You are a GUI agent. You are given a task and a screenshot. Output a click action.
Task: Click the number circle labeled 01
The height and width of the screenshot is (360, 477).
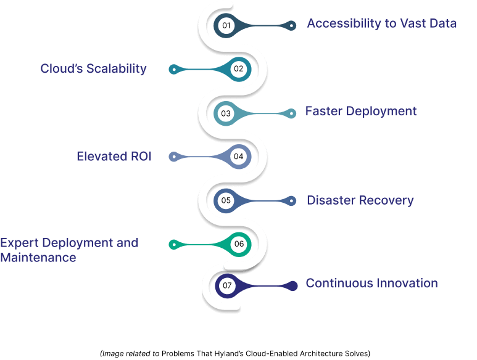[x=226, y=25]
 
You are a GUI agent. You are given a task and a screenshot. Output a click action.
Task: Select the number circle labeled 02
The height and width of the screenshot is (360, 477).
[x=239, y=69]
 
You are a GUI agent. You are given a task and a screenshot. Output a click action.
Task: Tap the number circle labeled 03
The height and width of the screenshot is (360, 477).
[x=226, y=113]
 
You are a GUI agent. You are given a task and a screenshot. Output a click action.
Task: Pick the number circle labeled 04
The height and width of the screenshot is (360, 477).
[x=239, y=157]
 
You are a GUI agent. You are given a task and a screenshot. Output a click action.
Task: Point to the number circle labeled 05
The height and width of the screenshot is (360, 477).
[x=226, y=200]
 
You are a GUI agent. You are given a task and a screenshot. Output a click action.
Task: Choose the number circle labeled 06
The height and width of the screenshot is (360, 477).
[x=239, y=244]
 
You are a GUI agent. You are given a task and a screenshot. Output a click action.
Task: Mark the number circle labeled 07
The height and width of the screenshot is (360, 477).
[x=227, y=285]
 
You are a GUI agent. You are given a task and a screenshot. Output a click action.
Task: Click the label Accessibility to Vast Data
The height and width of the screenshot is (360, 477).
[x=382, y=24]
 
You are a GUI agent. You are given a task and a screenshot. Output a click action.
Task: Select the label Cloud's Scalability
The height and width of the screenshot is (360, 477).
[x=93, y=68]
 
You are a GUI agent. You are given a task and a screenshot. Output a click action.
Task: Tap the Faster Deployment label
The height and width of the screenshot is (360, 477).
[x=361, y=112]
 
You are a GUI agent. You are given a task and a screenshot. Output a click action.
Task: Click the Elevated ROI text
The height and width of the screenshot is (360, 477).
[x=114, y=157]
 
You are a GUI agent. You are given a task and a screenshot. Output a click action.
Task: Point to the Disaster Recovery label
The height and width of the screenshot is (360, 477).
[x=360, y=200]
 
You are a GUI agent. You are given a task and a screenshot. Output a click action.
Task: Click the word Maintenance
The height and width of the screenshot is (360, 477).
[x=38, y=258]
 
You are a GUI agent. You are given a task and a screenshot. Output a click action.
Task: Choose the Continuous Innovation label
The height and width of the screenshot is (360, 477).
[x=371, y=284]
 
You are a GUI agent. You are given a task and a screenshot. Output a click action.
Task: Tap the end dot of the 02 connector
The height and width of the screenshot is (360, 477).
[x=174, y=70]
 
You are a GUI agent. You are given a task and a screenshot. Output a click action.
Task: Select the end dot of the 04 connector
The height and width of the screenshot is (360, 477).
[x=174, y=157]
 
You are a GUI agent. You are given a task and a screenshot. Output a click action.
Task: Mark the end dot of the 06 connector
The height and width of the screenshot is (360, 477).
[x=174, y=245]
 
